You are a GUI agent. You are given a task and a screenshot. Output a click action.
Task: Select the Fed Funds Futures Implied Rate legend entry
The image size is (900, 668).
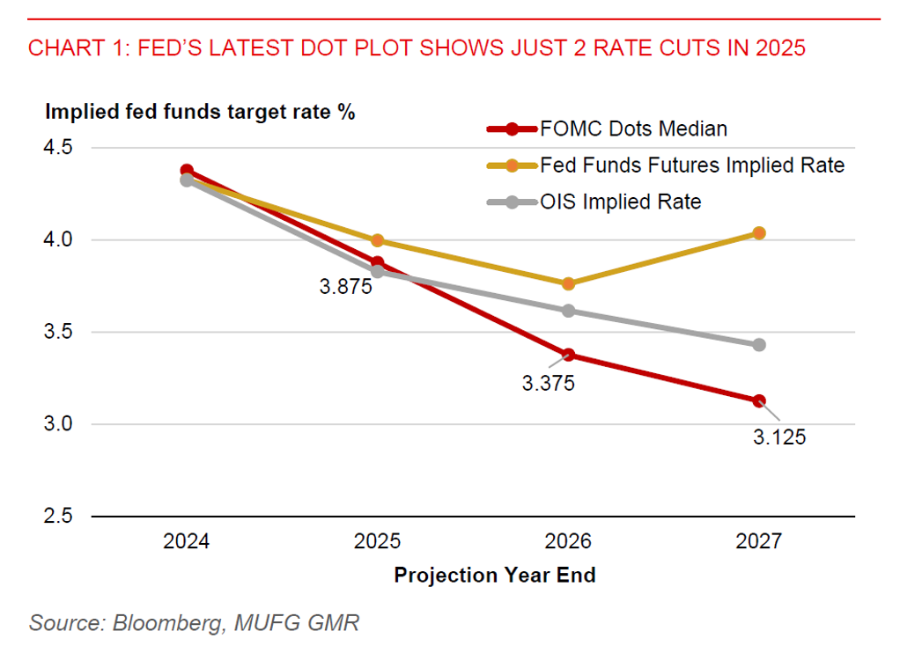[691, 165]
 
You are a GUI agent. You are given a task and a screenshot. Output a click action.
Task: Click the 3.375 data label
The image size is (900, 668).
[548, 385]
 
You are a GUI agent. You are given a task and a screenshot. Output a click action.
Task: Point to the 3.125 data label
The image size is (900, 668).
[778, 437]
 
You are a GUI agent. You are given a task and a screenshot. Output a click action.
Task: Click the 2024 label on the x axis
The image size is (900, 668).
[186, 541]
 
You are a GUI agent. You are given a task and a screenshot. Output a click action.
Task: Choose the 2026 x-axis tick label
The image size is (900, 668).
[568, 541]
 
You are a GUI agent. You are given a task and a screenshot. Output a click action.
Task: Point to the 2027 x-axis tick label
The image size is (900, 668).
[758, 541]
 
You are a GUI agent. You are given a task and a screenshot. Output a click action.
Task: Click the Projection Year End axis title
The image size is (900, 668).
[494, 576]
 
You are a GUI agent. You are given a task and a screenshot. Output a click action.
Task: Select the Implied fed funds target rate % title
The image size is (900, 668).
[200, 112]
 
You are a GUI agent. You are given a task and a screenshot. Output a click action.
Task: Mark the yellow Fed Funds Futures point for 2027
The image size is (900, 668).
[759, 233]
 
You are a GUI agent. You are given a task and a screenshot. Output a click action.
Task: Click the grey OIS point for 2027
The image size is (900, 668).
[759, 345]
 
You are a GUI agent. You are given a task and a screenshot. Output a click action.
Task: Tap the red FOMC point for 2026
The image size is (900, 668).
[568, 355]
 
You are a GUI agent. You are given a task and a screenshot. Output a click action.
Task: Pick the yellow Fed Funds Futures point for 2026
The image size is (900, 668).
[568, 283]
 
